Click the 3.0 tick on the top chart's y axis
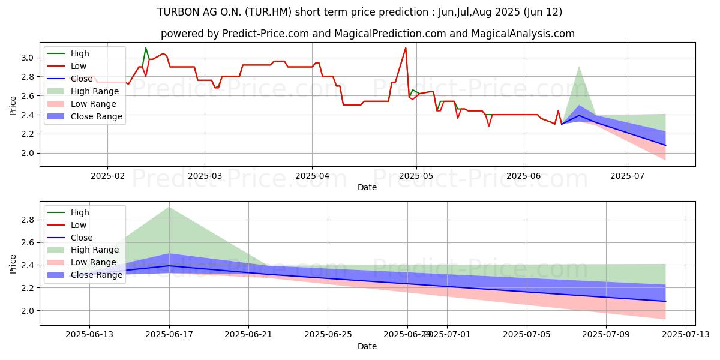(28, 58)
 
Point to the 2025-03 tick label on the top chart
(205, 175)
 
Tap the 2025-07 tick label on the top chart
(628, 175)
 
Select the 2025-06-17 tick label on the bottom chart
(169, 334)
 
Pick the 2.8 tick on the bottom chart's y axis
(28, 220)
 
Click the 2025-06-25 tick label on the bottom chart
(328, 334)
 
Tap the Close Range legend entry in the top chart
(97, 116)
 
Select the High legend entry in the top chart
(79, 53)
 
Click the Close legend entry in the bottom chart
(82, 238)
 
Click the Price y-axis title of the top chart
(13, 105)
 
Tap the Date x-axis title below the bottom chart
(367, 346)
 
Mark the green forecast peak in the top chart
(578, 67)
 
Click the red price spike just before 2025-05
(406, 48)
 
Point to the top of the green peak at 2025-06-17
(169, 207)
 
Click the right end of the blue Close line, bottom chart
(665, 301)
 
